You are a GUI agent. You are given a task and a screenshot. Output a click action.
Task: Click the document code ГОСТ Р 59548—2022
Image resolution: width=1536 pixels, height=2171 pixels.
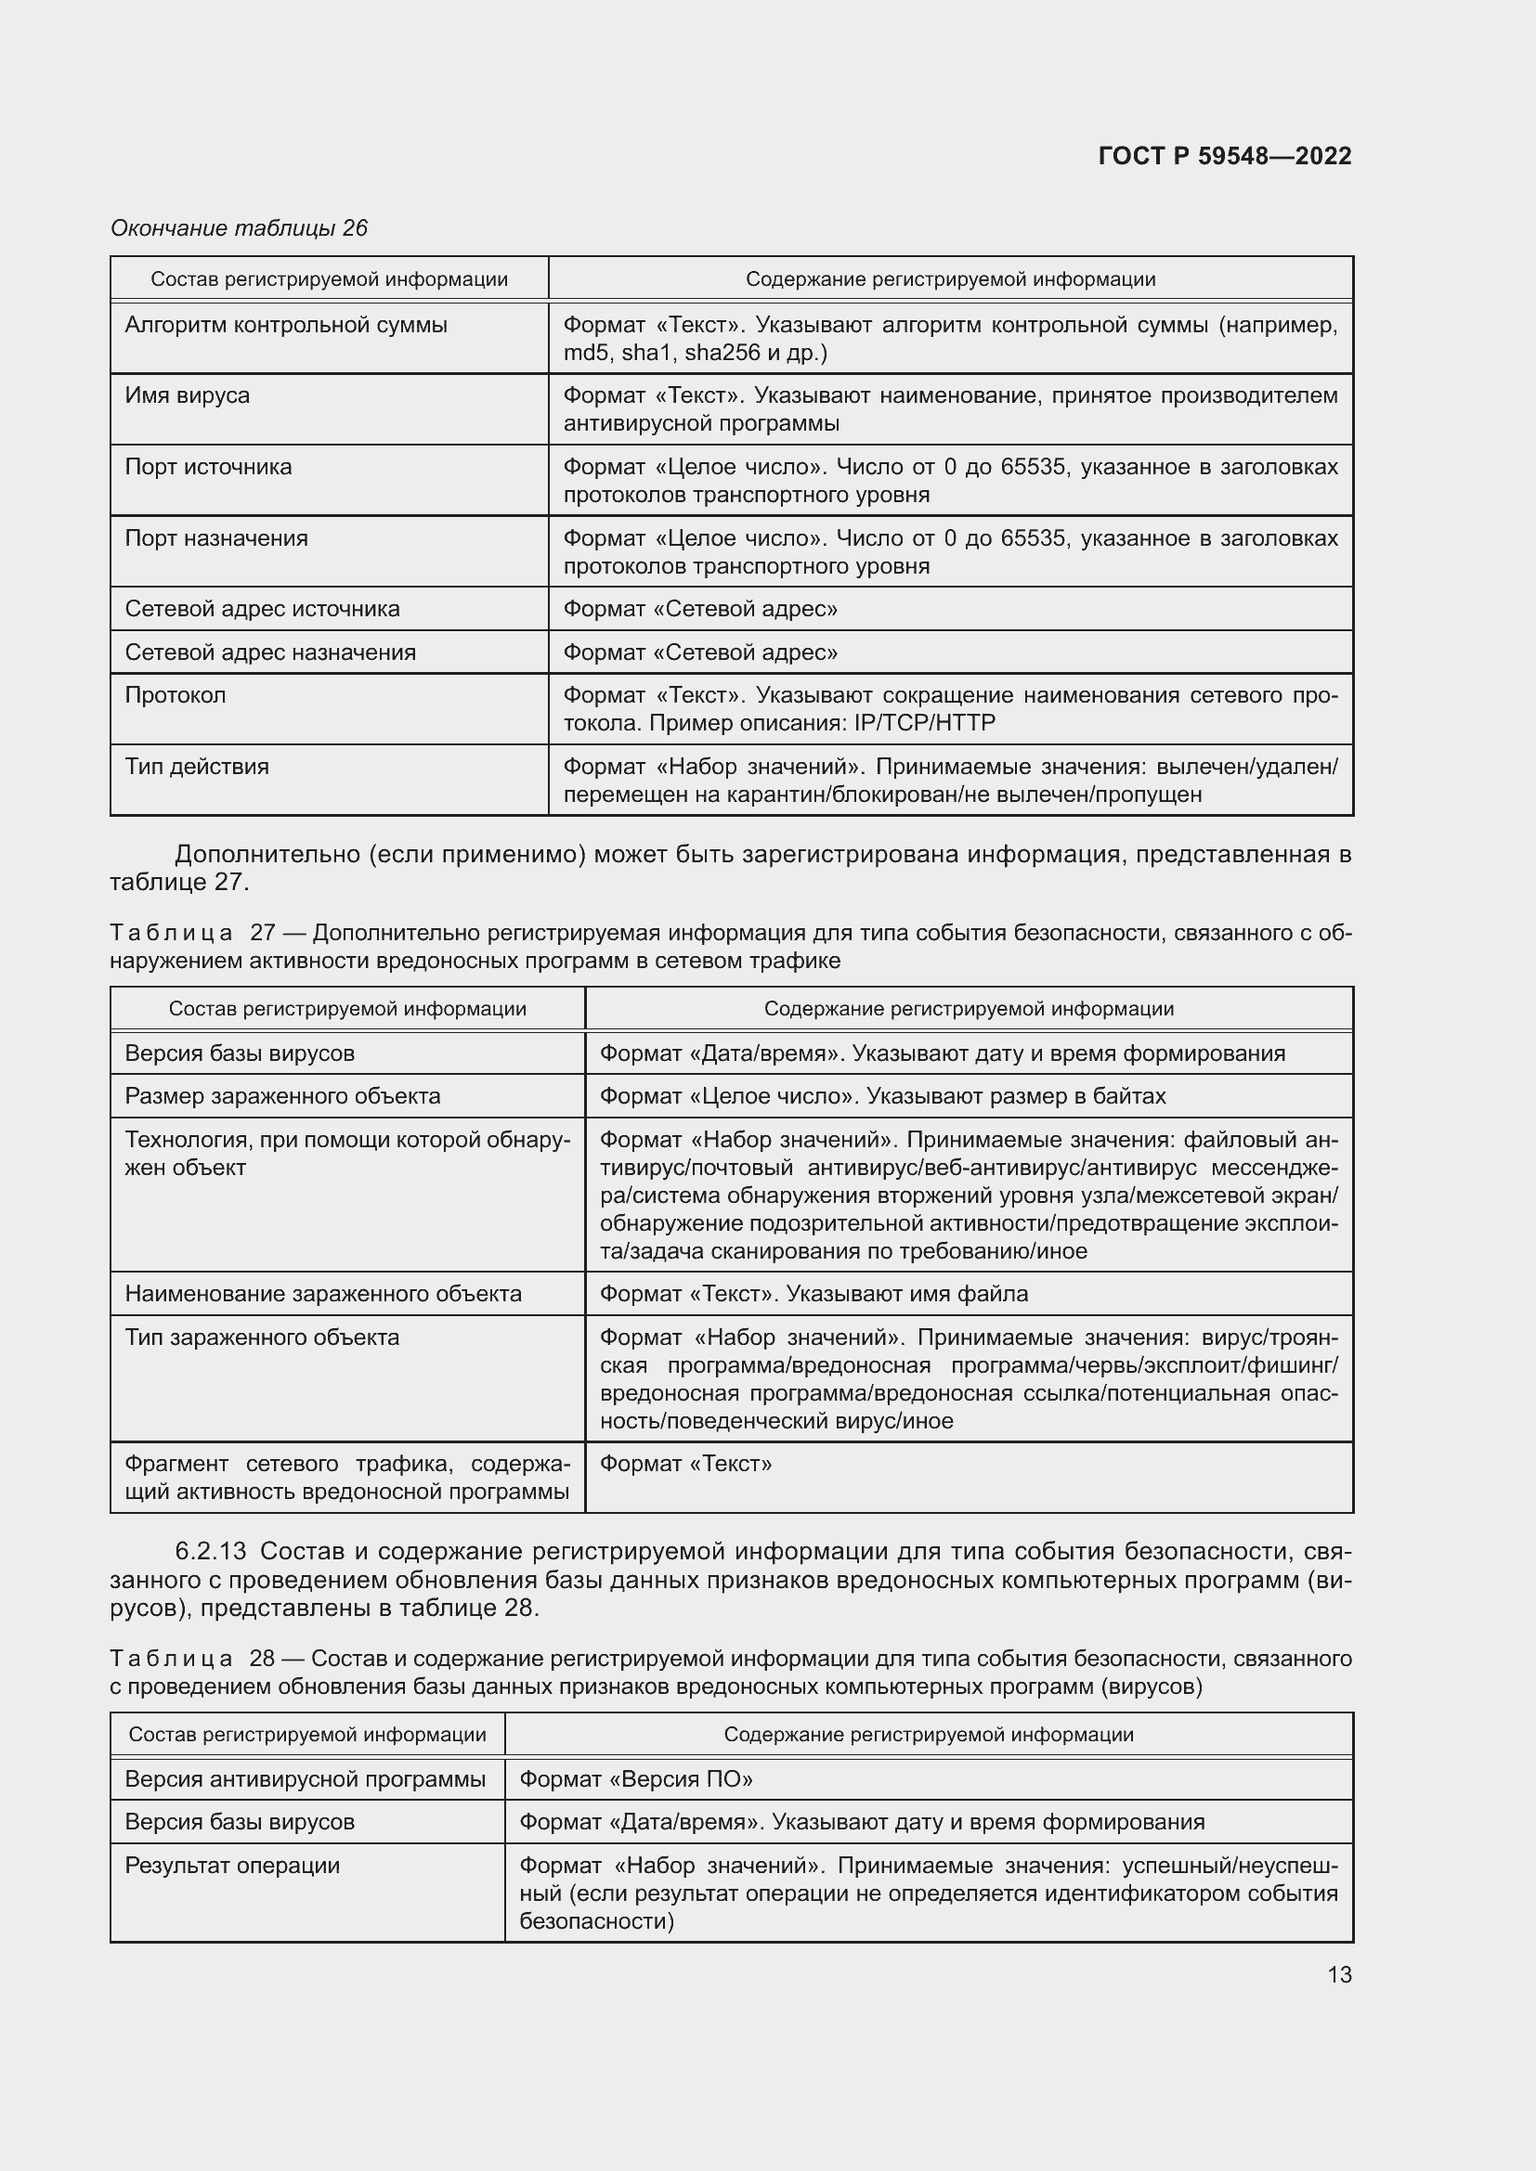click(x=1224, y=156)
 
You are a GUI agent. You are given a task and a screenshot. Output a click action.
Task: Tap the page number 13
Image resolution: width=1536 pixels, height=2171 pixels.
click(x=1339, y=1974)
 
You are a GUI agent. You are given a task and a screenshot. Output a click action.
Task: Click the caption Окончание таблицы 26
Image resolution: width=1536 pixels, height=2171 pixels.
click(x=240, y=228)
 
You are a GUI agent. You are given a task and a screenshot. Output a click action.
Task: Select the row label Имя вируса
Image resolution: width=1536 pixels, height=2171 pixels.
click(x=188, y=395)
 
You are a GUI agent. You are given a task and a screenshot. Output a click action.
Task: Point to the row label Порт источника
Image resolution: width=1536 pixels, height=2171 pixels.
click(x=208, y=467)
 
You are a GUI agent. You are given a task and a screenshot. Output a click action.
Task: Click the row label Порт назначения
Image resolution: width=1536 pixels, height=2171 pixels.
click(x=216, y=538)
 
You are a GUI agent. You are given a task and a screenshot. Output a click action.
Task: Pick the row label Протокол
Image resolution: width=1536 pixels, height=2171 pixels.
click(x=175, y=695)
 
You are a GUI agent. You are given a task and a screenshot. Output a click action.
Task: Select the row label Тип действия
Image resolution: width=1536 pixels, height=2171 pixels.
click(x=197, y=767)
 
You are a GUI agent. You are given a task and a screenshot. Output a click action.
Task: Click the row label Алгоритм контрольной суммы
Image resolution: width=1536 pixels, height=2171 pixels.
click(x=286, y=325)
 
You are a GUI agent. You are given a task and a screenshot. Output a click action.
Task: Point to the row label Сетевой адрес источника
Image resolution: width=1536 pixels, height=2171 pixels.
click(x=262, y=609)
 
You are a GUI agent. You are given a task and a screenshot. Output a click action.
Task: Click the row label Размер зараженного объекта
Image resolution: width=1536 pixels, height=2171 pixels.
click(x=283, y=1096)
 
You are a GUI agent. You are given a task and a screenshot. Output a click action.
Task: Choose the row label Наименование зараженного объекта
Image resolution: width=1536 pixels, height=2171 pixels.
click(x=322, y=1294)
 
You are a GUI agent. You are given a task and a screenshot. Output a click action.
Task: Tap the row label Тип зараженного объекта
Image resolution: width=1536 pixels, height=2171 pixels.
click(x=262, y=1337)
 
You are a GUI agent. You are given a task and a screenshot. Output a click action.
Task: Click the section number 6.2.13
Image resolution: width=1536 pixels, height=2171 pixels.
click(x=210, y=1552)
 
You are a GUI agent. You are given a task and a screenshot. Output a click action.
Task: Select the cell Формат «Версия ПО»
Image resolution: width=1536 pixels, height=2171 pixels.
click(x=635, y=1779)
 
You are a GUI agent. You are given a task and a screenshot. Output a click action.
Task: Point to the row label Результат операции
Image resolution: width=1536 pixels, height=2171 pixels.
click(x=232, y=1866)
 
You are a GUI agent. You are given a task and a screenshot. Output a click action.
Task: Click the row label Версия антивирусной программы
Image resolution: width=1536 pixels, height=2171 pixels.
click(x=305, y=1779)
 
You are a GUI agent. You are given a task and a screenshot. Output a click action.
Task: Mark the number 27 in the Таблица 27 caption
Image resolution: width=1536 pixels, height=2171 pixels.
click(x=262, y=933)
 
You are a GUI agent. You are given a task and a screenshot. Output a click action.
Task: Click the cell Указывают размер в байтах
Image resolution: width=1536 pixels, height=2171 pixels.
click(x=1016, y=1096)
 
